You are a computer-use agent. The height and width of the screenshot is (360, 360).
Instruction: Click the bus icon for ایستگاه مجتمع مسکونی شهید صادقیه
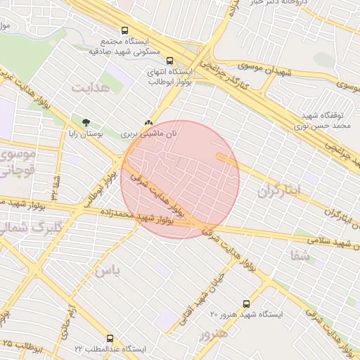point(124,31)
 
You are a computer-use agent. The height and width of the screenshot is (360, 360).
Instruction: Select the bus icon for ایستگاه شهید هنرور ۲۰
point(246,304)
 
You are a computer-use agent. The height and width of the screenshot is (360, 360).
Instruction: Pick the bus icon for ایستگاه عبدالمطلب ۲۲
point(109,339)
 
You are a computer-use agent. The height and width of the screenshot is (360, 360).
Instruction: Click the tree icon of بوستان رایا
point(86,122)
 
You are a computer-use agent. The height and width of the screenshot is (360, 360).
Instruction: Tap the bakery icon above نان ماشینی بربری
point(148,122)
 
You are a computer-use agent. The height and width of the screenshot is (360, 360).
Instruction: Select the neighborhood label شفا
point(300,256)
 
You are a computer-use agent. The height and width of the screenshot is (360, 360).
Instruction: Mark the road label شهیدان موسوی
point(264,70)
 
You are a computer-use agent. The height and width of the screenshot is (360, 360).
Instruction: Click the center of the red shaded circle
point(180,179)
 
